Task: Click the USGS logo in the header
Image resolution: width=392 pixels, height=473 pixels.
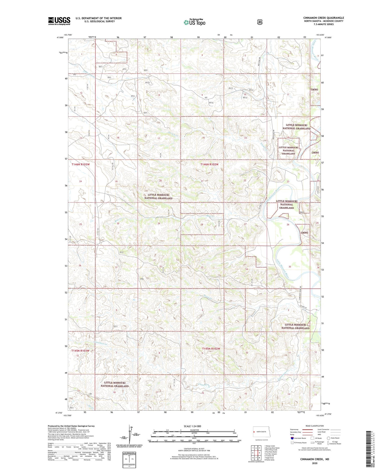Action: (59, 21)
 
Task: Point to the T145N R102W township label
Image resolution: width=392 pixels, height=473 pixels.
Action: (211, 349)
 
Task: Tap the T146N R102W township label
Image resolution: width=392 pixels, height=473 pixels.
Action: (209, 164)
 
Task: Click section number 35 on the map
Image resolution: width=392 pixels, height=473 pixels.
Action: (290, 267)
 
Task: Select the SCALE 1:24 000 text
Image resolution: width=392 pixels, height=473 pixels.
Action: (194, 426)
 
